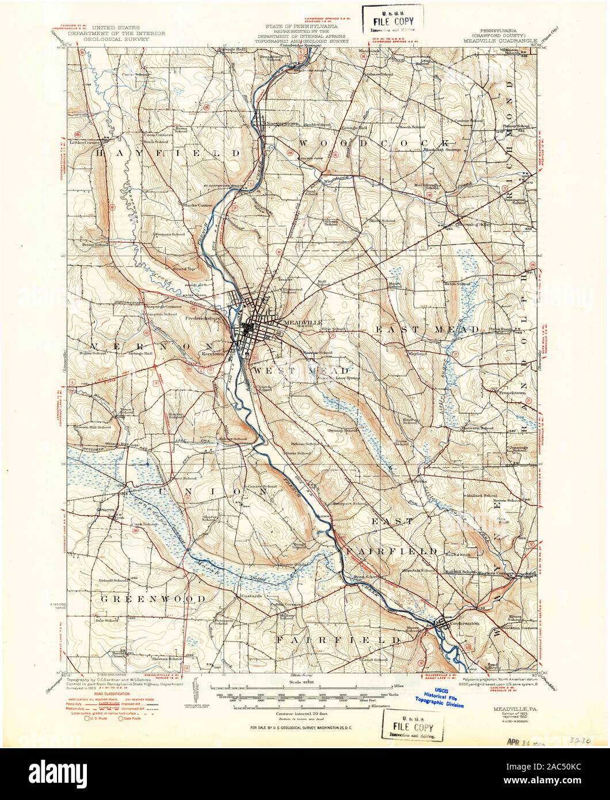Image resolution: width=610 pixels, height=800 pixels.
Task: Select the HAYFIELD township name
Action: pyautogui.click(x=167, y=154)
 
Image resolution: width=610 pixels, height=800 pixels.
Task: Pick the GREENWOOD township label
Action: pyautogui.click(x=153, y=599)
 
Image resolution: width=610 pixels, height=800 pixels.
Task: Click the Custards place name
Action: pyautogui.click(x=251, y=596)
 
